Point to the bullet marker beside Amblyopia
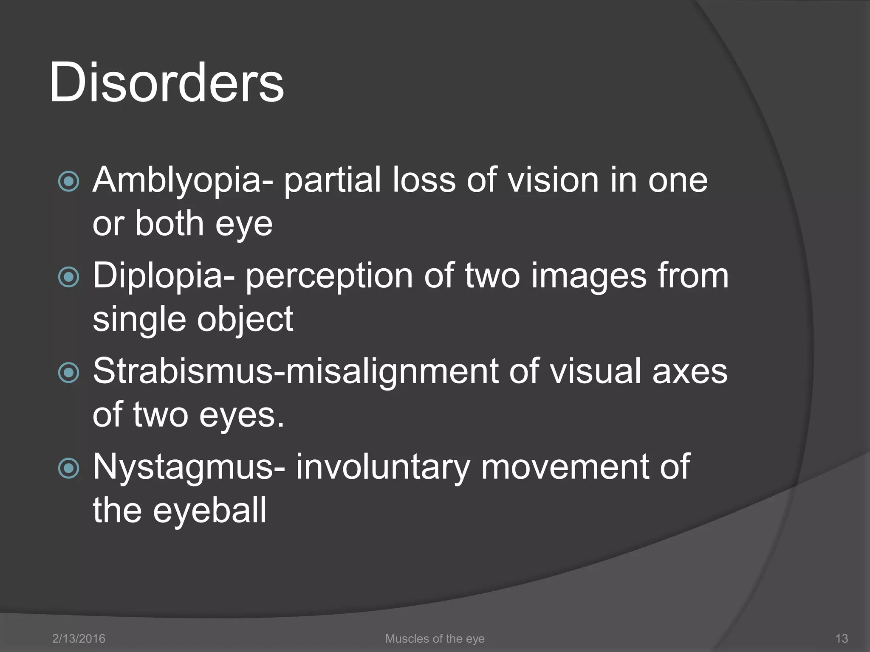coord(68,182)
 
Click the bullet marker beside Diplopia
coord(68,277)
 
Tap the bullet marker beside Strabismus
coord(68,373)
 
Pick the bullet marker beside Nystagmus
coord(68,468)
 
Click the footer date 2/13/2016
coord(79,638)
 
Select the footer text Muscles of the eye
coord(435,638)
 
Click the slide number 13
coord(842,638)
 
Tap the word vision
coord(554,180)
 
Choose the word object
coord(245,319)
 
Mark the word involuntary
coord(382,467)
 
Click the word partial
coord(333,180)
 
